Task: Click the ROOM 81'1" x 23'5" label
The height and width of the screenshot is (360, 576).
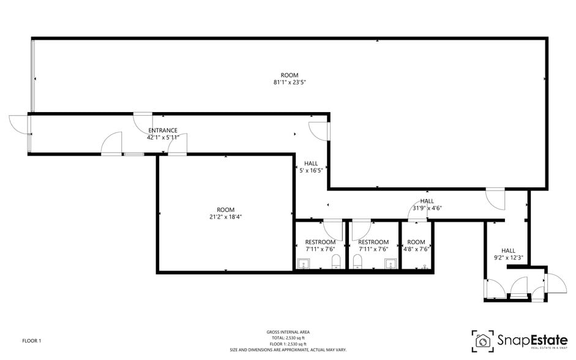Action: coord(290,78)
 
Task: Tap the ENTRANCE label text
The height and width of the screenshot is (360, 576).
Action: coord(163,130)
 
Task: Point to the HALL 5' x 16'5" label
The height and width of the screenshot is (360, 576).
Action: coord(311,167)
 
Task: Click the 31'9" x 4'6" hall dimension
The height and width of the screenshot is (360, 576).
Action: coord(427,208)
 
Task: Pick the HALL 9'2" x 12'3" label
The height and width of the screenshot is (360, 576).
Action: coord(508,254)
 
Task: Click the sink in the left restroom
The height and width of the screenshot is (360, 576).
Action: coord(304,264)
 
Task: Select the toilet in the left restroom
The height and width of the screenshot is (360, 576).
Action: coord(336,263)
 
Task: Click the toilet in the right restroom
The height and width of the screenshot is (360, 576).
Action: coord(358,263)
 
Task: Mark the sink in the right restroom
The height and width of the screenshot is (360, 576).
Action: coord(390,264)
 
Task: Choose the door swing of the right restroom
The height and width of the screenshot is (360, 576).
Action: coord(360,230)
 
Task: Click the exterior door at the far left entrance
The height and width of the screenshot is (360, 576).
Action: coord(19,124)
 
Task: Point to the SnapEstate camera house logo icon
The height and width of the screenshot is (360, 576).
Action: coord(483,340)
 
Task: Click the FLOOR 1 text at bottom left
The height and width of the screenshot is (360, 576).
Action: coord(31,340)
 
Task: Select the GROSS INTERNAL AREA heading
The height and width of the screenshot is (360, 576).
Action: coord(288,332)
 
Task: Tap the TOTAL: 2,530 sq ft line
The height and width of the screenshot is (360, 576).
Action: coord(288,338)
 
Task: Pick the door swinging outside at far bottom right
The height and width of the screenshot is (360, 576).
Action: coord(556,283)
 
